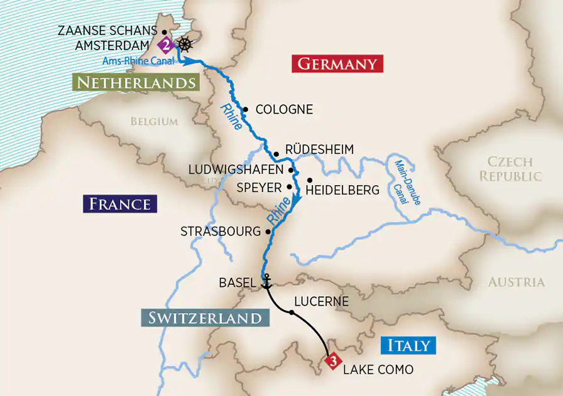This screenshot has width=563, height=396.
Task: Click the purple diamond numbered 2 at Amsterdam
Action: [165, 45]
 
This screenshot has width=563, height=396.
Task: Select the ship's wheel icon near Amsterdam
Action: [184, 45]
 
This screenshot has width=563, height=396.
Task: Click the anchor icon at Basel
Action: [266, 282]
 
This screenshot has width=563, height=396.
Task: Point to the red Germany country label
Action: [337, 64]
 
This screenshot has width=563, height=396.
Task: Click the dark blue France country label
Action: [119, 203]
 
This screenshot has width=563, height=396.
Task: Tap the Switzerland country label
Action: [205, 318]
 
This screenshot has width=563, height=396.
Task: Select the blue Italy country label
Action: [408, 345]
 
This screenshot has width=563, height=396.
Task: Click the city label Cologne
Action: [284, 110]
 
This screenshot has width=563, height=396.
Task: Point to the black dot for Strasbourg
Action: [268, 232]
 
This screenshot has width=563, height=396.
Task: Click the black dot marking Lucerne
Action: [291, 311]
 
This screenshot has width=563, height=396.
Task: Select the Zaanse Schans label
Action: [107, 31]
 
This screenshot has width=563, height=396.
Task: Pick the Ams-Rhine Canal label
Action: [138, 61]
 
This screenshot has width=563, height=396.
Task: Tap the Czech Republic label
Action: [510, 169]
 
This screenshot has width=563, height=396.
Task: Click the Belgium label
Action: [154, 121]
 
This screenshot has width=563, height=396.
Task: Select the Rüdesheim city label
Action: [319, 149]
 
